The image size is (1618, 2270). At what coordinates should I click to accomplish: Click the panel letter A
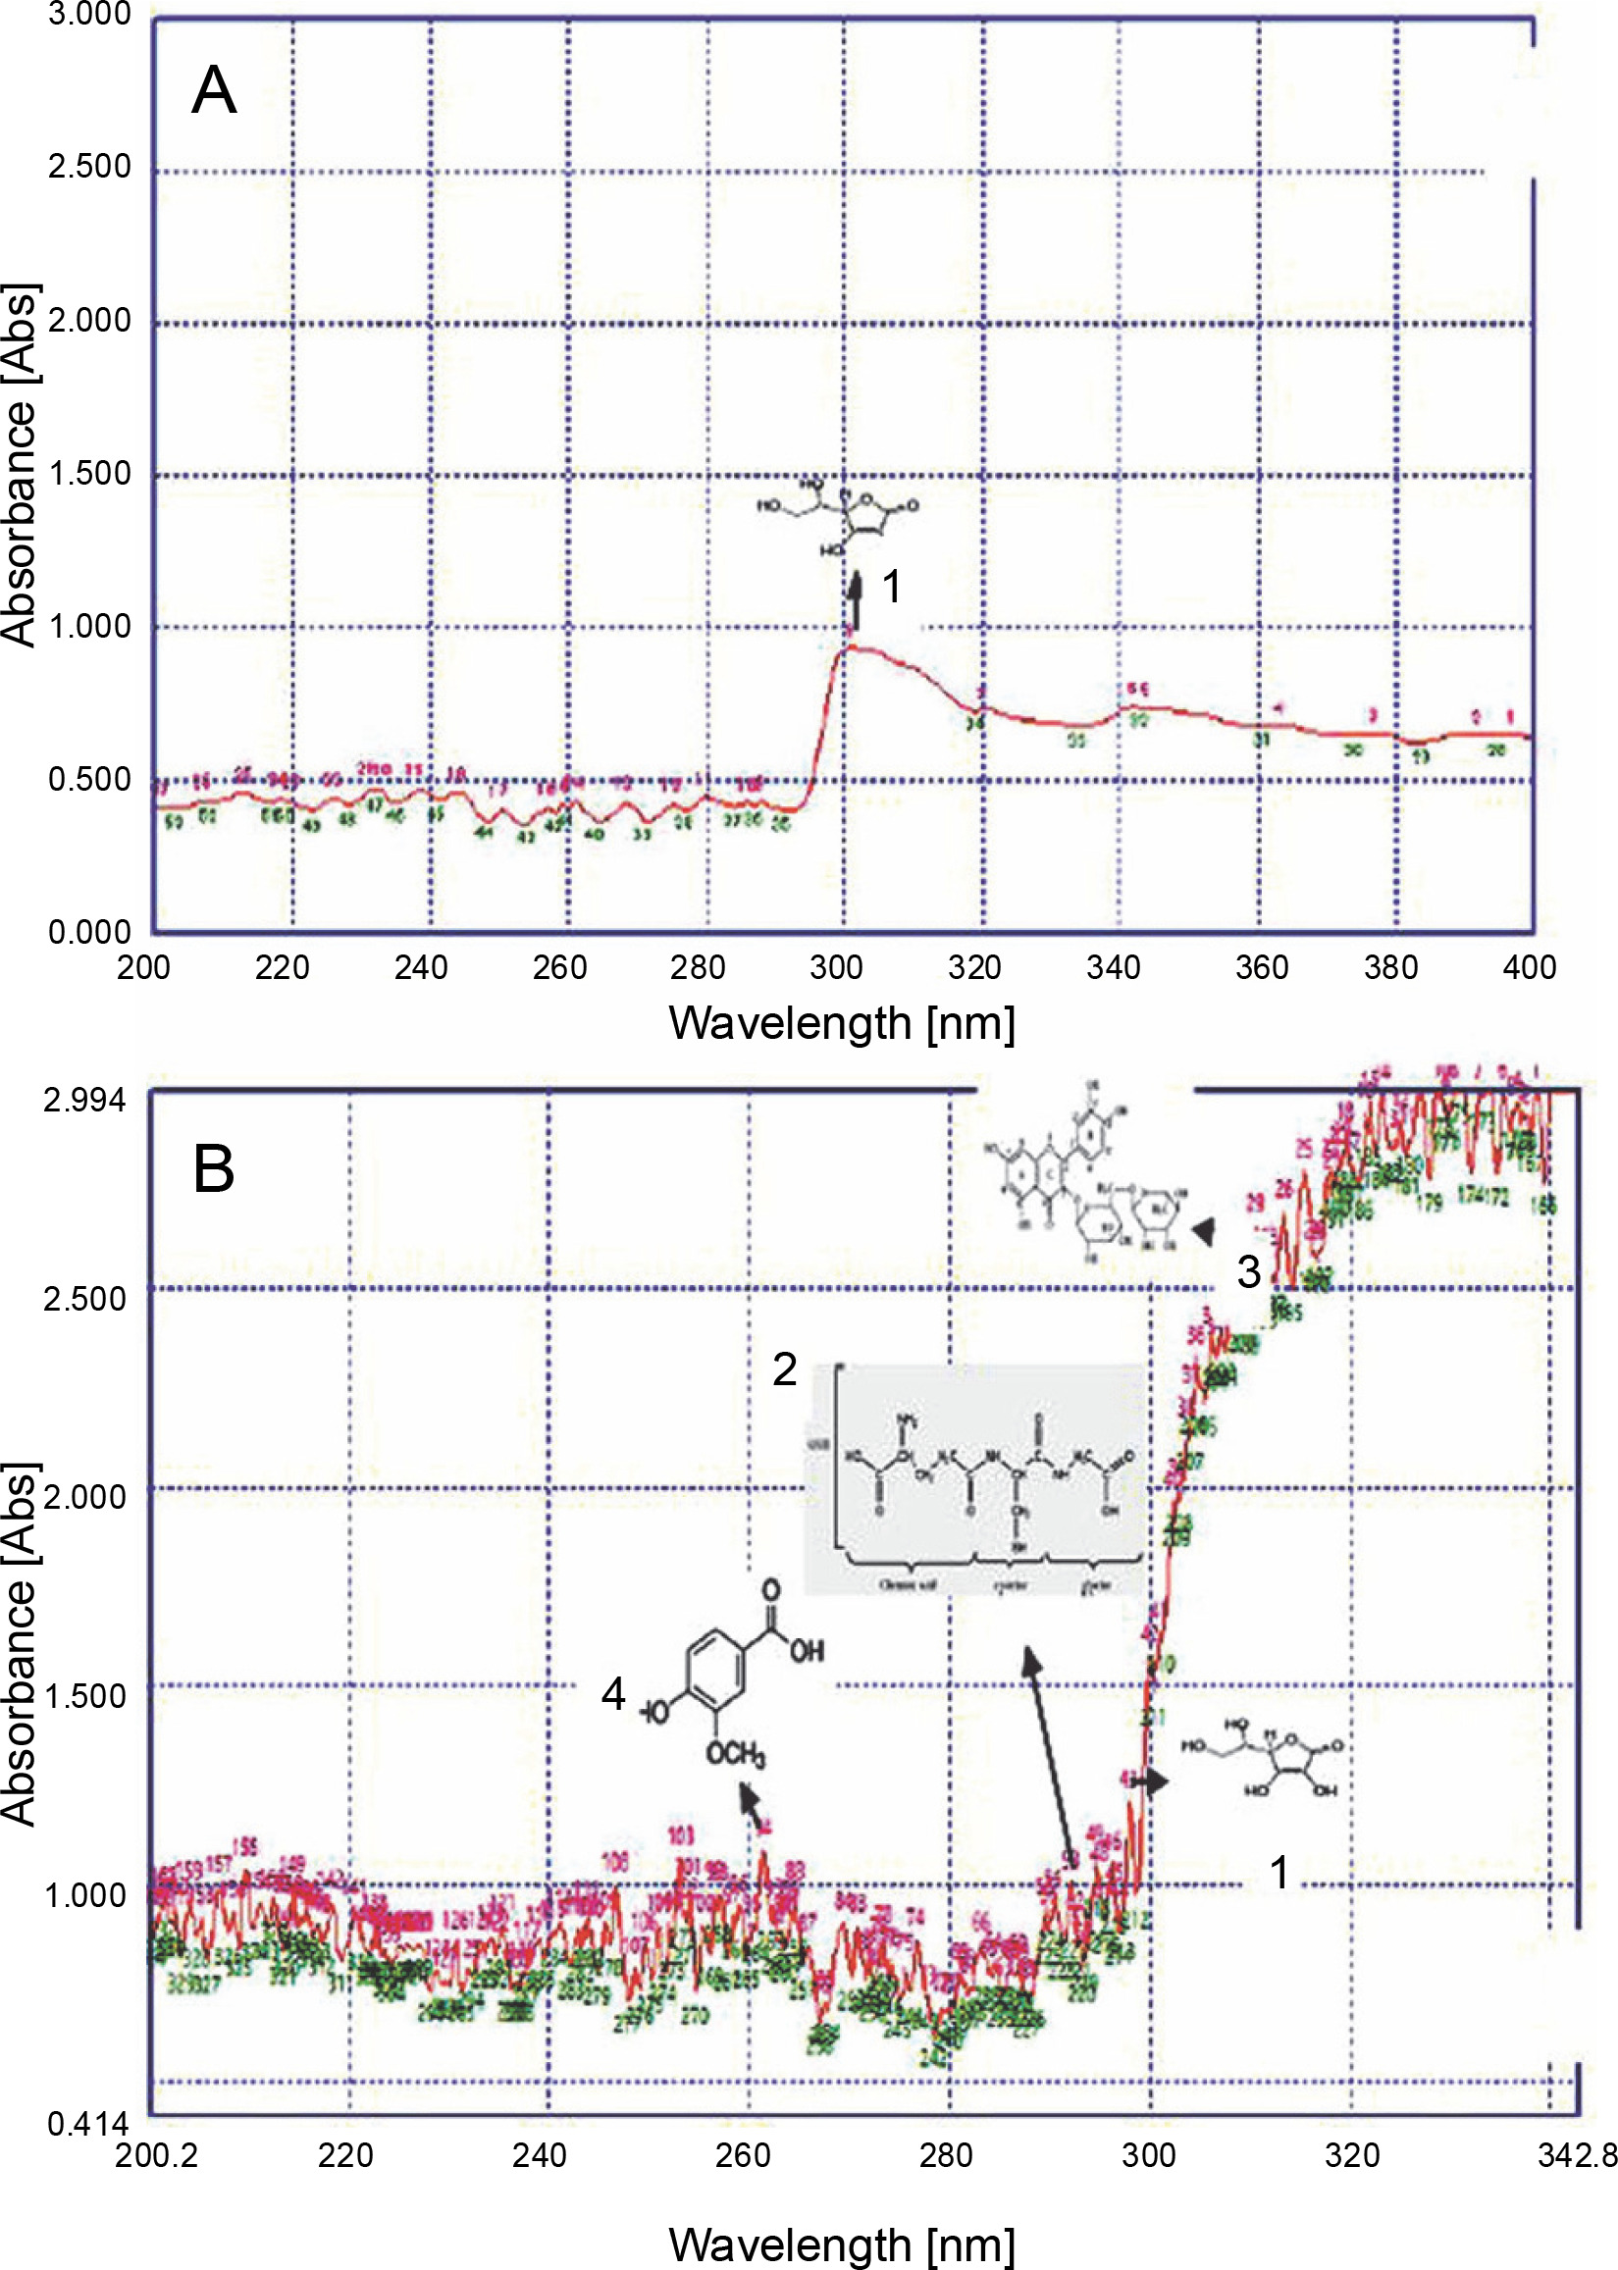214,91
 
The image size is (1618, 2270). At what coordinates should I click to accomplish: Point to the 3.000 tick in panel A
89,15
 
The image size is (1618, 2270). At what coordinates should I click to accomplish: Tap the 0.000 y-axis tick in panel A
89,932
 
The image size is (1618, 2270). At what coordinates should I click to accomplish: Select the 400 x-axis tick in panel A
1529,967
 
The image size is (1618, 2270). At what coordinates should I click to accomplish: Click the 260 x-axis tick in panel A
560,967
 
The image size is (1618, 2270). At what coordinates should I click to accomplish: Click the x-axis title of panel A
842,1024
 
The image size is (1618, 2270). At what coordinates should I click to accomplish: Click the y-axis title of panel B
20,1643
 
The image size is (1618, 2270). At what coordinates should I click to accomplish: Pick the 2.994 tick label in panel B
84,1101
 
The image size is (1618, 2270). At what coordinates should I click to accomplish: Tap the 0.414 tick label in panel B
87,2124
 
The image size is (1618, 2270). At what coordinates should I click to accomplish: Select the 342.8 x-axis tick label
1576,2156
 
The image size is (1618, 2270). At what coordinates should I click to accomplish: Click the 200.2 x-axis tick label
156,2156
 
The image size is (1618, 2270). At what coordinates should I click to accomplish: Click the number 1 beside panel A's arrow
893,587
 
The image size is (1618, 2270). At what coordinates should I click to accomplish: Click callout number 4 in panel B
612,1694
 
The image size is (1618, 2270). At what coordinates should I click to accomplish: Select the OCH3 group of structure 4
735,1753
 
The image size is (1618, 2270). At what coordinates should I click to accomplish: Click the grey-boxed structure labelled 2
973,1479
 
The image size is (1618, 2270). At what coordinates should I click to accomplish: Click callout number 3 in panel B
1248,1272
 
